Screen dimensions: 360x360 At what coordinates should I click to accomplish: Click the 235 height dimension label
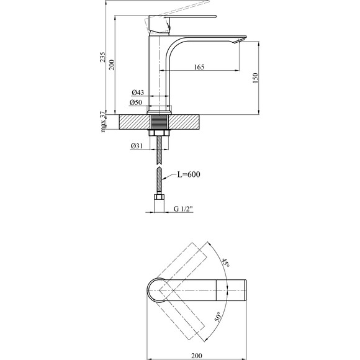pyautogui.click(x=102, y=56)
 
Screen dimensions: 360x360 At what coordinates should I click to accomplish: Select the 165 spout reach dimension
pyautogui.click(x=199, y=67)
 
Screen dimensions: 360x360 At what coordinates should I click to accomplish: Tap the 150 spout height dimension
pyautogui.click(x=255, y=78)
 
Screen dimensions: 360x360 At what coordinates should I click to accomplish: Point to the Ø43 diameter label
pyautogui.click(x=138, y=92)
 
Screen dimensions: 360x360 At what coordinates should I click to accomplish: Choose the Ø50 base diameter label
pyautogui.click(x=136, y=102)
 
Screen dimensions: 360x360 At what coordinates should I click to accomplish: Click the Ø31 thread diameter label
pyautogui.click(x=137, y=146)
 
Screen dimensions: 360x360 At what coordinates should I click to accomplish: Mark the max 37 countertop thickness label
pyautogui.click(x=104, y=122)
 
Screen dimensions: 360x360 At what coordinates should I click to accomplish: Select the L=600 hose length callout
pyautogui.click(x=189, y=174)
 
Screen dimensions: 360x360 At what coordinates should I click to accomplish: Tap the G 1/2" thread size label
pyautogui.click(x=183, y=209)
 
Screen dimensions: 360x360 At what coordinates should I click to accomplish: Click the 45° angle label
pyautogui.click(x=225, y=263)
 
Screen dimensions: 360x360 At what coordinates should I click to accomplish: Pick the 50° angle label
pyautogui.click(x=218, y=317)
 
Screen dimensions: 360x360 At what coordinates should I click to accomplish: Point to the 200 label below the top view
pyautogui.click(x=197, y=356)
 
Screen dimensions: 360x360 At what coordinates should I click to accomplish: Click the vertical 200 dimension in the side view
pyautogui.click(x=111, y=65)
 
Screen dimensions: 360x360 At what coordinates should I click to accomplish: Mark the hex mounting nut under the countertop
pyautogui.click(x=159, y=133)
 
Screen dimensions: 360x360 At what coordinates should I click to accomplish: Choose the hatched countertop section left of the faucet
pyautogui.click(x=134, y=122)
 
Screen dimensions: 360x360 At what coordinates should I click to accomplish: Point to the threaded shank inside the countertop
pyautogui.click(x=159, y=122)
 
